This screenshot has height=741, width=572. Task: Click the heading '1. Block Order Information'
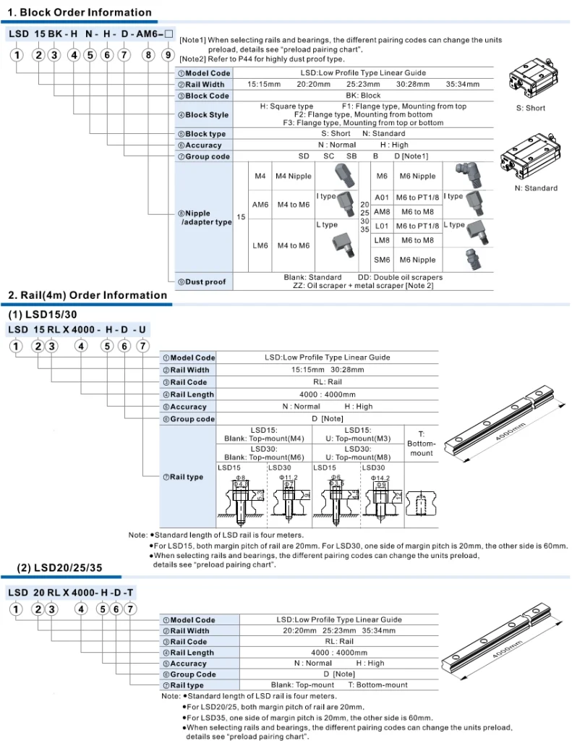click(80, 12)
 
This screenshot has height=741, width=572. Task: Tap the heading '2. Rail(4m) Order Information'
click(87, 295)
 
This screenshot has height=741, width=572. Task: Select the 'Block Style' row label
click(207, 115)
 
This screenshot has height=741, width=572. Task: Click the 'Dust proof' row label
click(205, 281)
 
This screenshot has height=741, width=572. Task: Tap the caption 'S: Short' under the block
click(531, 109)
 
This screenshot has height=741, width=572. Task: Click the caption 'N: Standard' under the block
click(536, 188)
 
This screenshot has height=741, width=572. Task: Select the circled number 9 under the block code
click(167, 54)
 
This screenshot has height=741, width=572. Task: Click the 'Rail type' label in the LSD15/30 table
click(187, 477)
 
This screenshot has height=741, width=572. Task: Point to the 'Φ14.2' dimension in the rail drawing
click(380, 478)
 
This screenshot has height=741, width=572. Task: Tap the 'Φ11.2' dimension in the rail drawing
click(288, 478)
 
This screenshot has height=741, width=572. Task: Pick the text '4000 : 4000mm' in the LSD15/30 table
click(328, 394)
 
